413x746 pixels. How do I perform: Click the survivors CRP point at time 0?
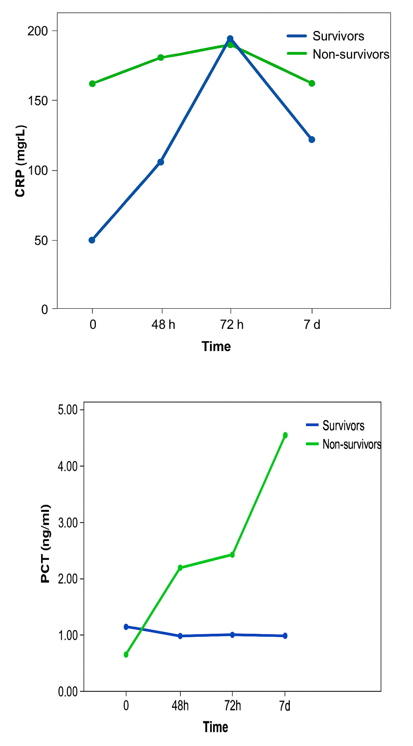(x=92, y=240)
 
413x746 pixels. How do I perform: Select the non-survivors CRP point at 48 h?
(x=161, y=57)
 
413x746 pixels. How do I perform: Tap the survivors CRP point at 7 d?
(x=312, y=140)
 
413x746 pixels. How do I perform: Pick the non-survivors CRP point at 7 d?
(x=312, y=83)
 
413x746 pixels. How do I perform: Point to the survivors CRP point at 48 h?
(x=161, y=162)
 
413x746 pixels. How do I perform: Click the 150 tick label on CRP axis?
(x=38, y=101)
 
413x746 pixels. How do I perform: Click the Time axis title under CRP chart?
(x=216, y=346)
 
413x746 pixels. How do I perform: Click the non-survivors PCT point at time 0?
(x=126, y=654)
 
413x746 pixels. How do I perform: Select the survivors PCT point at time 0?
(x=126, y=627)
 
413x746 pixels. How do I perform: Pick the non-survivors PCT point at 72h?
(x=232, y=555)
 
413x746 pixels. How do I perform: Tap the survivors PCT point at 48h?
(x=180, y=636)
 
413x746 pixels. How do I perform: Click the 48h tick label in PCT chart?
(x=180, y=706)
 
